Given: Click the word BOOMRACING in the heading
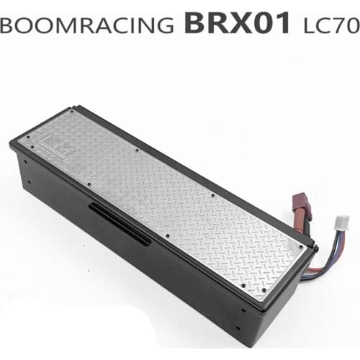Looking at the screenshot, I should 86,24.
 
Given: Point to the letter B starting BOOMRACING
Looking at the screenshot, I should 9,24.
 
